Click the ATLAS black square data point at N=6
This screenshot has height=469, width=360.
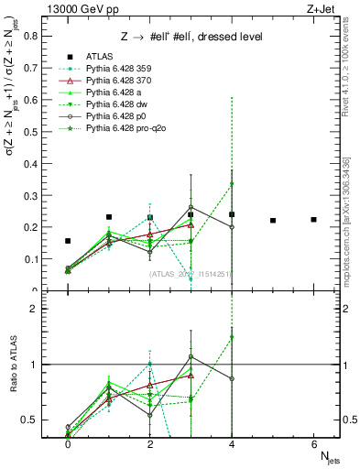pos(314,220)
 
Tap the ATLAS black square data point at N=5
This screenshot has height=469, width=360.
pos(273,221)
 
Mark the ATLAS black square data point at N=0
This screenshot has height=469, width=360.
pos(68,241)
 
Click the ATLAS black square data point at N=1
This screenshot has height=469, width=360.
pos(109,217)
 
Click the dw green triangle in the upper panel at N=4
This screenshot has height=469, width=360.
pos(232,184)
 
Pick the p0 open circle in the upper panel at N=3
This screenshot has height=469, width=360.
pos(191,208)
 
